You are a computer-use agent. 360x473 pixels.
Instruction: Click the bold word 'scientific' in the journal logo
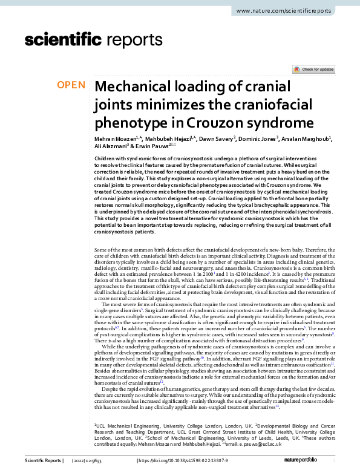62,41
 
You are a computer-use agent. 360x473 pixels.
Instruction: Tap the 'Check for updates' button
313,70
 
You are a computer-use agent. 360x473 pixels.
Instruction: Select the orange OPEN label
71,85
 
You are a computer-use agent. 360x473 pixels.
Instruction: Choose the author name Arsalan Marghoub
307,139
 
